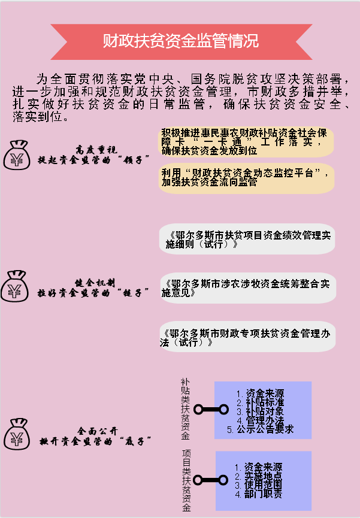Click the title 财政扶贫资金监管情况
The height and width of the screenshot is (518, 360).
tap(180, 41)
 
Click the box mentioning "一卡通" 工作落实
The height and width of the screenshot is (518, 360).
tap(247, 142)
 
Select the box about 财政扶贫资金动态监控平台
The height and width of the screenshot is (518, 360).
tap(247, 178)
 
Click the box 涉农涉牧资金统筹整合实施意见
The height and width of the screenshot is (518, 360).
tap(247, 288)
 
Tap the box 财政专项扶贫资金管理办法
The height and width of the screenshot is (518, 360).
tap(247, 337)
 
